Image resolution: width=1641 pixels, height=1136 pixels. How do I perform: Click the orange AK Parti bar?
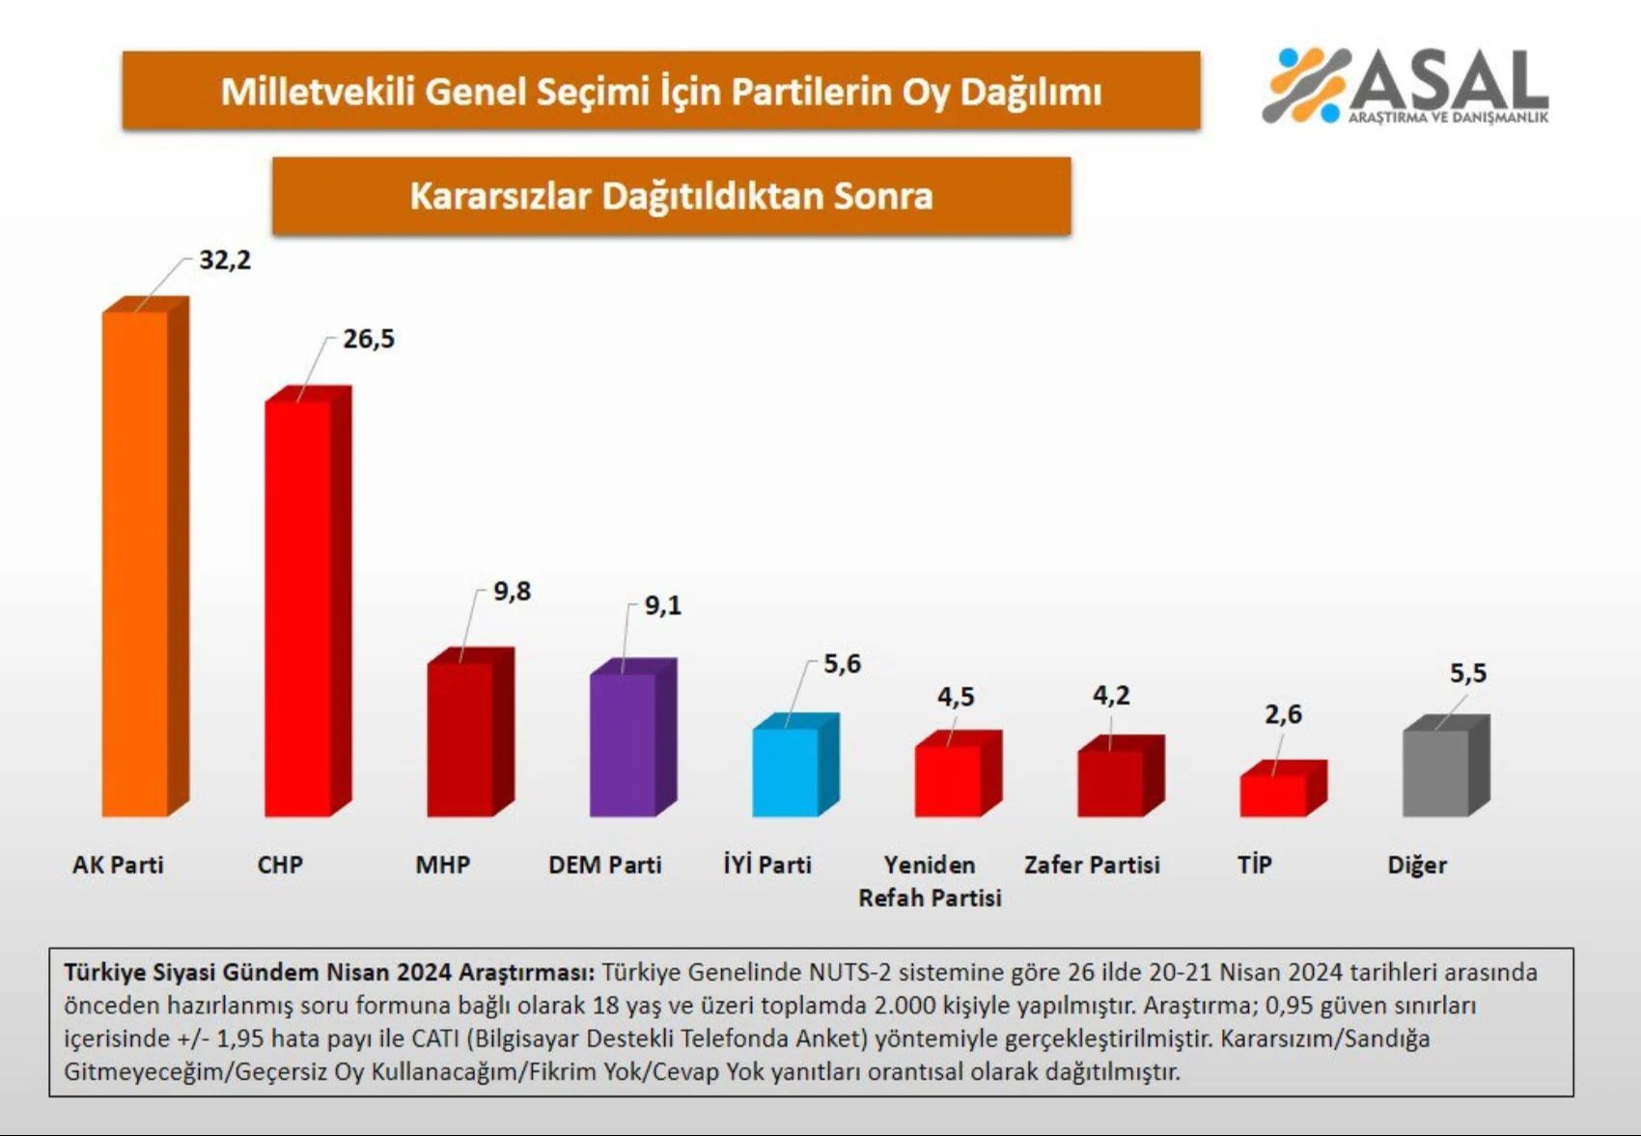coord(135,565)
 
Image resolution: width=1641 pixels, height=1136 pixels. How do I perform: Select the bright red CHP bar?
coord(298,608)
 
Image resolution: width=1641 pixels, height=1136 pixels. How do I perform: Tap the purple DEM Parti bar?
coord(623,744)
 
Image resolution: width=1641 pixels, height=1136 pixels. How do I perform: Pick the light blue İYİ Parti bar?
coord(786,772)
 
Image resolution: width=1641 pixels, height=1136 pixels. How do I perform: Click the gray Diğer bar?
coord(1435,773)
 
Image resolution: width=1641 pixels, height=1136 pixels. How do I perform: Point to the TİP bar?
coord(1273,794)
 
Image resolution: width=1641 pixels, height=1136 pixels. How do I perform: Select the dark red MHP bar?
coord(460,738)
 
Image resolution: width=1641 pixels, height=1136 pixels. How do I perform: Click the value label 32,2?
coord(225,261)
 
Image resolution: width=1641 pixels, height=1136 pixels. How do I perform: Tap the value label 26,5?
coord(369,339)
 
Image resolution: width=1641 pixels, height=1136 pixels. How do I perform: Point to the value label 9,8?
coord(512,591)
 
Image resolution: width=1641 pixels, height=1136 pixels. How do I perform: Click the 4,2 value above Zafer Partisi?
coord(1111,695)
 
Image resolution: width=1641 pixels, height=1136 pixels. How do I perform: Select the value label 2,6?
coord(1283,714)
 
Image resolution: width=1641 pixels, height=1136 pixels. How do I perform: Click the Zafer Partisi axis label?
coord(1092,865)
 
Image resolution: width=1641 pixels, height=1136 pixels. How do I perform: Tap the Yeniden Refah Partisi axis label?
coord(930,881)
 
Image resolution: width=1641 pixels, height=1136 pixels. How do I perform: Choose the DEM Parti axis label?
coord(605,865)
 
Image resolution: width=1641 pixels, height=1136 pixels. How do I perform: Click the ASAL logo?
coord(1405,86)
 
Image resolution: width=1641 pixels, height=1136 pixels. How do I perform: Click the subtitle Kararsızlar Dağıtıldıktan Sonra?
coord(671,196)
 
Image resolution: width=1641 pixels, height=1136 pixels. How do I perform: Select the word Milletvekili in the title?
coord(318,92)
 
